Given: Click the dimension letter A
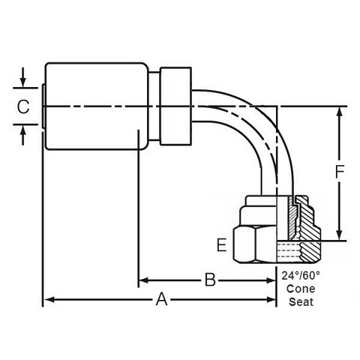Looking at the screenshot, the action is click(x=161, y=299).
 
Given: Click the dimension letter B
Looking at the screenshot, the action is click(x=210, y=280).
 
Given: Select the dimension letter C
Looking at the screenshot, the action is click(x=23, y=106).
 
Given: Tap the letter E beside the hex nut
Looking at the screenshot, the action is click(x=221, y=244).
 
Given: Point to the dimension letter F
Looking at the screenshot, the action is click(x=340, y=172).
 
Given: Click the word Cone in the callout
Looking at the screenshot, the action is click(x=301, y=289).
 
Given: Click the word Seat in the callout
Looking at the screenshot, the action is click(x=301, y=301).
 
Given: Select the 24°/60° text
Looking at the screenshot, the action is click(x=301, y=276).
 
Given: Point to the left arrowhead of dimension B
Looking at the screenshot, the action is click(x=144, y=280).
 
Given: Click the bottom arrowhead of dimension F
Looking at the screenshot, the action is click(x=339, y=234).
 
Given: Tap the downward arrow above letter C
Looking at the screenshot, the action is click(x=23, y=77).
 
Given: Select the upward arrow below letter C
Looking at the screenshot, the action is click(x=23, y=135).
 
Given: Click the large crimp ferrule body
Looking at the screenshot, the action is click(x=97, y=106).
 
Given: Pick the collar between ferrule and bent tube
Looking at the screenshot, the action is click(x=175, y=106).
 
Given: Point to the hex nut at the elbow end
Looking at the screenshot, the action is click(x=254, y=244).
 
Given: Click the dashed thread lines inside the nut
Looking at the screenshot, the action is click(x=288, y=250).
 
